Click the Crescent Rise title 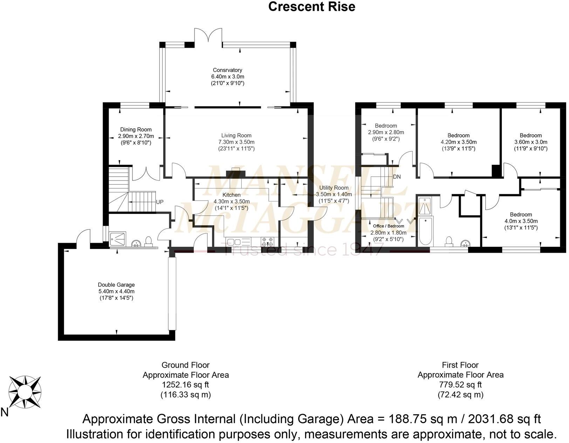(311, 7)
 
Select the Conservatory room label (227, 70)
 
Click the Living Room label (236, 135)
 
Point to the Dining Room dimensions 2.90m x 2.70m (136, 136)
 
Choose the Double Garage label (116, 285)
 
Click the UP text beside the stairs (160, 202)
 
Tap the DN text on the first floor (397, 177)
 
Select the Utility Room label (334, 188)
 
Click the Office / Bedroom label (389, 226)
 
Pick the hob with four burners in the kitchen (267, 241)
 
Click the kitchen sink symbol (234, 241)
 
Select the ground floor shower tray (118, 239)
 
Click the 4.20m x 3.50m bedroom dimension (459, 142)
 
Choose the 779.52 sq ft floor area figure (460, 384)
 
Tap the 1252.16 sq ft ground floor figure (185, 384)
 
